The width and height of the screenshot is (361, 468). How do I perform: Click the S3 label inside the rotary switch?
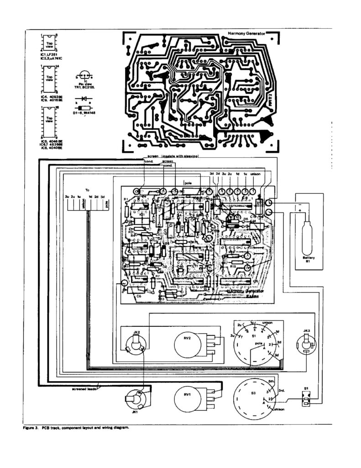coord(254,393)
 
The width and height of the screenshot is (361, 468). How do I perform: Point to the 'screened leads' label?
coord(84,389)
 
